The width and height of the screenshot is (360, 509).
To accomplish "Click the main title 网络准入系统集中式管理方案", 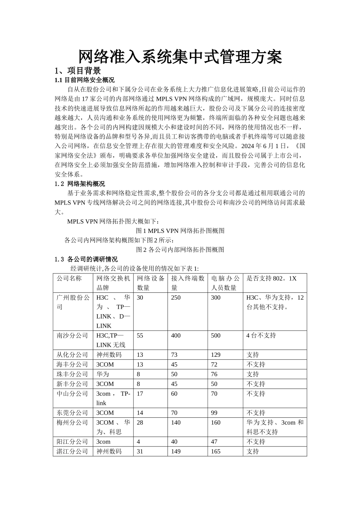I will [x=180, y=57].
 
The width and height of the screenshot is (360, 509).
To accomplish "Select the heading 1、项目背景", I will [x=78, y=71].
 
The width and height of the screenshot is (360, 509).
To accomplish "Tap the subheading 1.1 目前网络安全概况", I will [x=85, y=80].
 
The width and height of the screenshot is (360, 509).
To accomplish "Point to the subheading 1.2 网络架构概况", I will [x=80, y=184].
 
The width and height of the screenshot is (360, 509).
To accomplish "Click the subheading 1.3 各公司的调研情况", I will [x=86, y=259].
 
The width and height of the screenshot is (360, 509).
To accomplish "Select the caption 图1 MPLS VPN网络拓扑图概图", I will [x=180, y=231].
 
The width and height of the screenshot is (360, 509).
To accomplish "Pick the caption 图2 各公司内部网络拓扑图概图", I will [x=180, y=250].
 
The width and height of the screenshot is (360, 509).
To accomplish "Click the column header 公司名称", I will [x=69, y=278].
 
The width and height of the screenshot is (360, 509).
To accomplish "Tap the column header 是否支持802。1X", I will [x=271, y=278].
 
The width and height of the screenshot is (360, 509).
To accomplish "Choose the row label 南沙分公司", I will [x=72, y=336].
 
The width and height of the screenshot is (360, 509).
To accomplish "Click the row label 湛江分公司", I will [x=72, y=451].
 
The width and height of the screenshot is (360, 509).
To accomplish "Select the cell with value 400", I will [x=176, y=336].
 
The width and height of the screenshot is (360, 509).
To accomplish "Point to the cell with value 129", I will [x=216, y=355].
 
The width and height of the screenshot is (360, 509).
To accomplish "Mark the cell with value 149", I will [x=176, y=451].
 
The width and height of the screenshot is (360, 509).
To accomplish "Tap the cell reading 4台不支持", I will [x=261, y=336].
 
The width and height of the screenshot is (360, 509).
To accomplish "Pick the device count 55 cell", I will [x=140, y=336].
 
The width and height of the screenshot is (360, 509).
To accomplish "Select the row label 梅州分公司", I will [x=72, y=423].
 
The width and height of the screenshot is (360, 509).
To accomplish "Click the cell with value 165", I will [x=216, y=451].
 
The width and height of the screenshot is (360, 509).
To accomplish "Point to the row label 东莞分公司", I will [x=72, y=413].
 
